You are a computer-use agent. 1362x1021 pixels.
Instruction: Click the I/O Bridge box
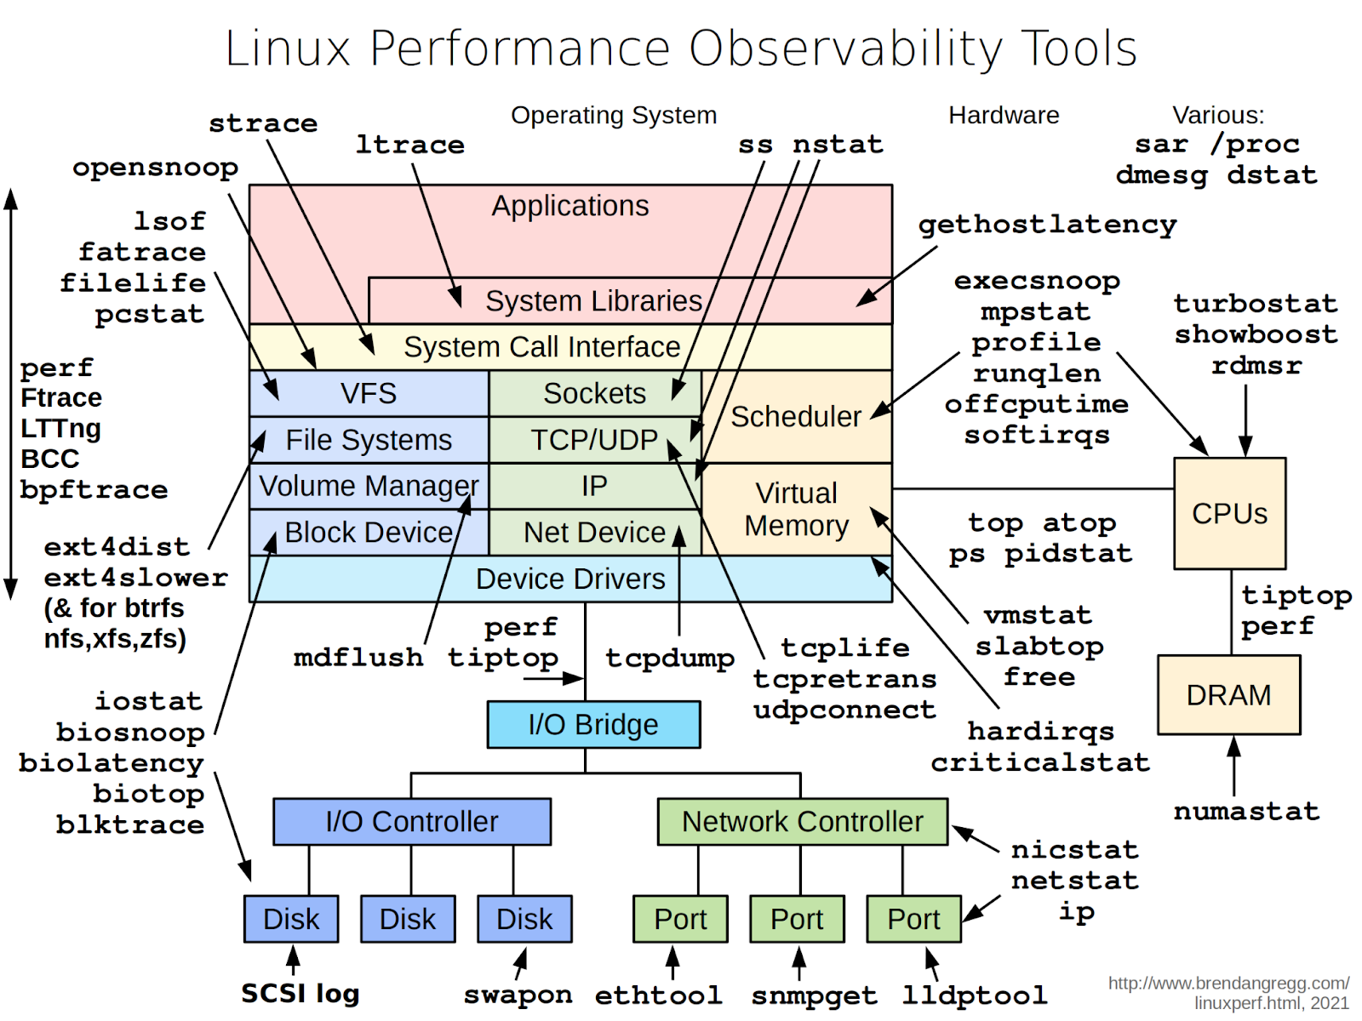tap(593, 725)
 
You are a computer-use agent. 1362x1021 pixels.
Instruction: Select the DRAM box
tap(1228, 695)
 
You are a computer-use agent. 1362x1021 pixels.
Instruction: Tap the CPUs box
tap(1229, 514)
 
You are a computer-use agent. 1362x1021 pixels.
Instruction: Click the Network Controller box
tap(802, 822)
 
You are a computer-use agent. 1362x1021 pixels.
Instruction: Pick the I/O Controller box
tap(411, 822)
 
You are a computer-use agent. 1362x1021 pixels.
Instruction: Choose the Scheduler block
tap(796, 417)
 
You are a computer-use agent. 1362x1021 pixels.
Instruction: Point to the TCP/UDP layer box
tap(594, 440)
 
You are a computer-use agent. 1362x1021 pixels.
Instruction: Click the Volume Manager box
tap(369, 486)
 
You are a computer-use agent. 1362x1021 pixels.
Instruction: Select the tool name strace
tap(263, 124)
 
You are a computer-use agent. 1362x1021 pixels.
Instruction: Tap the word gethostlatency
tap(1047, 225)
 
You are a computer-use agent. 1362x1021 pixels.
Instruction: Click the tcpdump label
tap(670, 658)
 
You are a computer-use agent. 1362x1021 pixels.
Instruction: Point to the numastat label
tap(1246, 812)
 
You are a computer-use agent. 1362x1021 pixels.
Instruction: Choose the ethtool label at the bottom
tap(658, 995)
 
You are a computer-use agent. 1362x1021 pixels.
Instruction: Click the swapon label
tap(518, 995)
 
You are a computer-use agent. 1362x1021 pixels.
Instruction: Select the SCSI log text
tap(300, 994)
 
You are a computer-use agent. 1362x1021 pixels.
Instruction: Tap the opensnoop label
tap(155, 168)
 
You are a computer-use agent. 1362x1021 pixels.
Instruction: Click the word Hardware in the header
tap(1004, 115)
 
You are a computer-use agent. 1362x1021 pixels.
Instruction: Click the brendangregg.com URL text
tap(1228, 984)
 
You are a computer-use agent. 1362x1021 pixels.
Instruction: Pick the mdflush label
tap(358, 658)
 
